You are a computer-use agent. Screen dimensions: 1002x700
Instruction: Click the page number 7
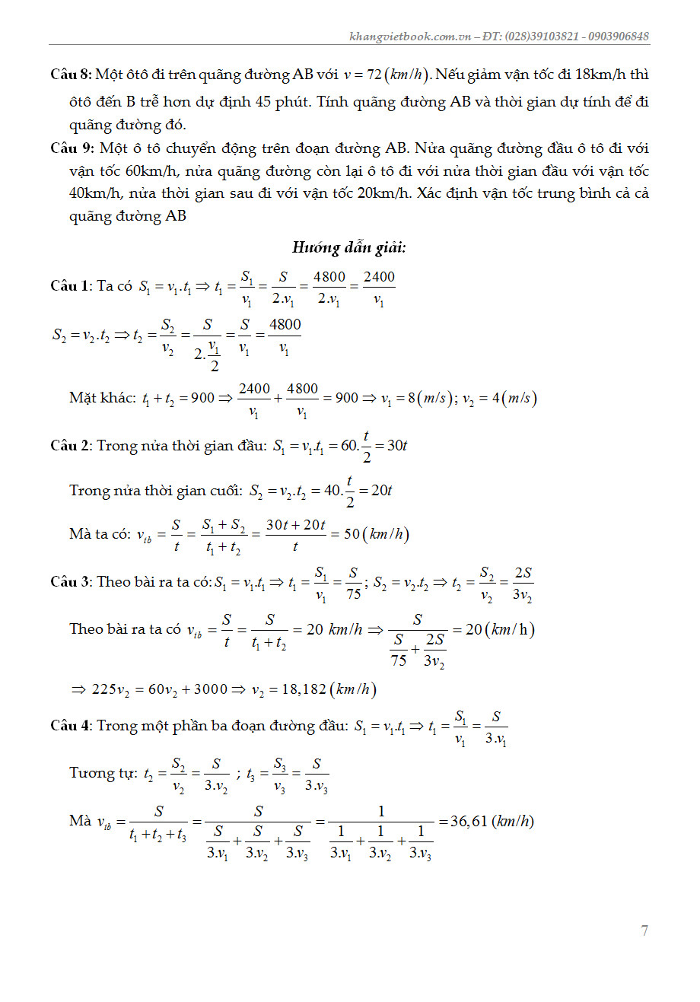pos(644,930)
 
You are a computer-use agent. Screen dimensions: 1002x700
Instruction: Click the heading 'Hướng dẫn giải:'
pos(349,247)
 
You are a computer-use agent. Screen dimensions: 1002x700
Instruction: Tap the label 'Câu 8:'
pos(71,75)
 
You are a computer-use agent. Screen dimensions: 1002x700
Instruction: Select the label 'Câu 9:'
pos(72,148)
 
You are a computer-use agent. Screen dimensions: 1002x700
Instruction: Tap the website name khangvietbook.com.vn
pos(410,37)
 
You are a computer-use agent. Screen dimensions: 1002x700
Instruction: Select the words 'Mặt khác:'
pos(103,398)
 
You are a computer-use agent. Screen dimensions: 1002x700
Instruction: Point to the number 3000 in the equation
pos(211,689)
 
